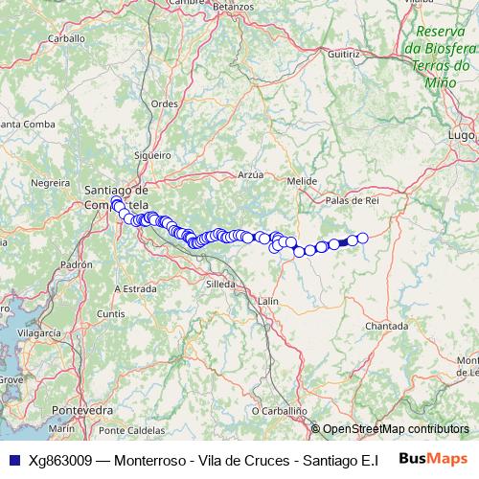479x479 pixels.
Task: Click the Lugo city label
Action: point(461,136)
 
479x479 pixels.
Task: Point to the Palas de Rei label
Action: point(353,200)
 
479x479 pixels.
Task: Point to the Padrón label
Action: point(76,263)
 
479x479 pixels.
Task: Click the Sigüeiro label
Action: point(152,152)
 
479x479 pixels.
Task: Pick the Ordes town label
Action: point(165,103)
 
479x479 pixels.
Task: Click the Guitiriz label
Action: point(344,56)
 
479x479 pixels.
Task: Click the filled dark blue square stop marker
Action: point(344,242)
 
